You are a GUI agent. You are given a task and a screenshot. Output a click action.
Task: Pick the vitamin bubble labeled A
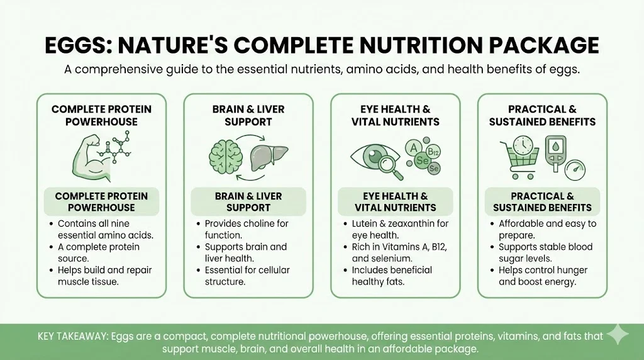[414, 148]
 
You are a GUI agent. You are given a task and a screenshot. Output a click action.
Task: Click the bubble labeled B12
[433, 152]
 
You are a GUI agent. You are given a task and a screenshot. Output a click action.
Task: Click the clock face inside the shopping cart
[523, 145]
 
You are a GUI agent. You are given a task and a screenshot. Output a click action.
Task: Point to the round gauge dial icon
[575, 170]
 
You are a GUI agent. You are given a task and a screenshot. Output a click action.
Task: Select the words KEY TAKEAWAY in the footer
[72, 336]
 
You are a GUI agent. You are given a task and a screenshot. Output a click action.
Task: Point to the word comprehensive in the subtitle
[119, 70]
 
